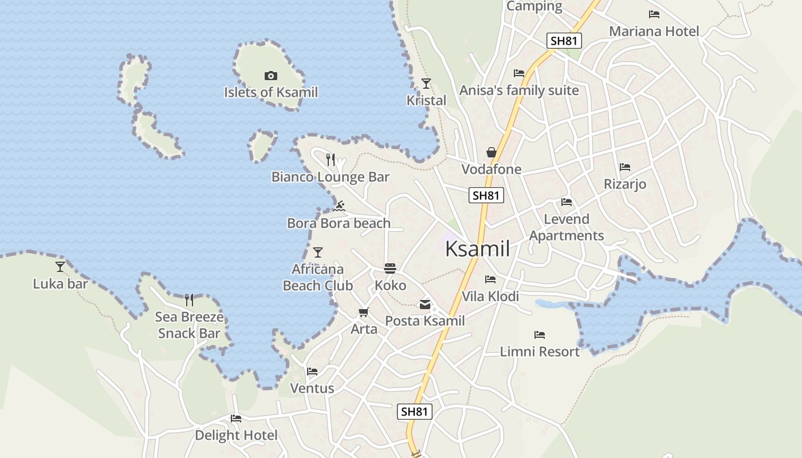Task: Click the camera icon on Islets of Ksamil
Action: (271, 76)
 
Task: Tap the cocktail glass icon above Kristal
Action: (426, 84)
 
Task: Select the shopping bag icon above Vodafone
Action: (492, 152)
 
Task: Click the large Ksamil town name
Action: (477, 249)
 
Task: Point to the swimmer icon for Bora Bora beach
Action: (339, 206)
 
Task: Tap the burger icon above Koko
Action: (390, 269)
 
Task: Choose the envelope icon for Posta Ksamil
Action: (425, 305)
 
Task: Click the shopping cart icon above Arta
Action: (363, 313)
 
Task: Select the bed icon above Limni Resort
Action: (540, 335)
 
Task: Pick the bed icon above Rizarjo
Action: (625, 167)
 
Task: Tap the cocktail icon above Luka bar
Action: (60, 267)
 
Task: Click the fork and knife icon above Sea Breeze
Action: (189, 300)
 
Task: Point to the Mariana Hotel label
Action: (654, 31)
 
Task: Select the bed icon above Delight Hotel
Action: (235, 418)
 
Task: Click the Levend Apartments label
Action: (566, 227)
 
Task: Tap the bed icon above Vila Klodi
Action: (490, 279)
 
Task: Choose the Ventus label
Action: (312, 388)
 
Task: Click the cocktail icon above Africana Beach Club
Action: (318, 252)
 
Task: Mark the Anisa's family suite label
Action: (519, 90)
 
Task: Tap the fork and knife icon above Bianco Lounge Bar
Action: (331, 160)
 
